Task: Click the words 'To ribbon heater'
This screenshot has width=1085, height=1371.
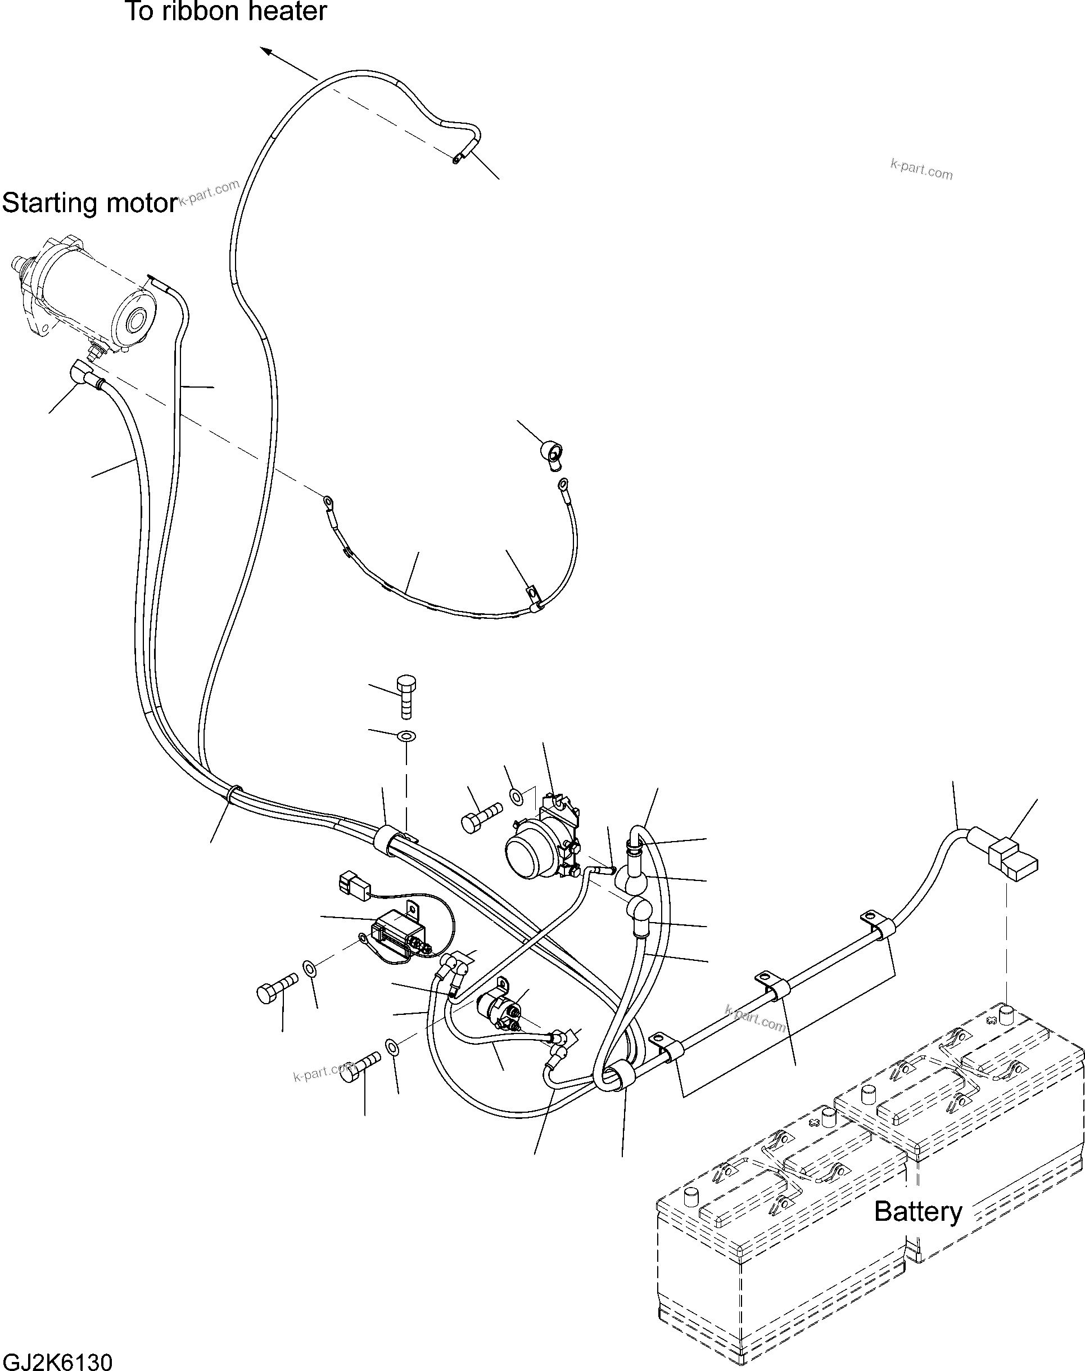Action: tap(226, 11)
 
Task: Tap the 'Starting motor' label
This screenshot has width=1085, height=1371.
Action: tap(89, 204)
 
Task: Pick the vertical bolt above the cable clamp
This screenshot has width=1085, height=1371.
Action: tap(406, 696)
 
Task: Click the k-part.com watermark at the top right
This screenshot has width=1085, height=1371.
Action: tap(921, 170)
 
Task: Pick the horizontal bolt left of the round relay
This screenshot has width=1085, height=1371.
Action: tap(481, 817)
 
